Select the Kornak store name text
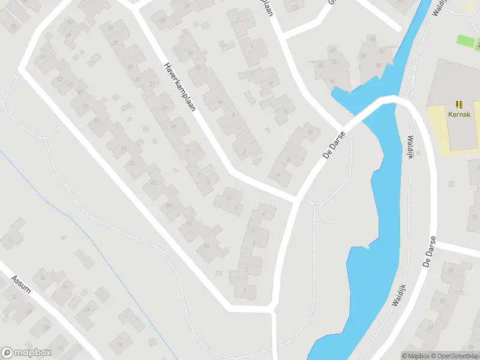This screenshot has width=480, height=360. [x=459, y=114]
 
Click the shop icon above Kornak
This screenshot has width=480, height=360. [x=459, y=104]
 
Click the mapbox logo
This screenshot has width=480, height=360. [x=26, y=353]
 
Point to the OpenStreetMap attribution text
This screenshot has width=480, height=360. [x=453, y=356]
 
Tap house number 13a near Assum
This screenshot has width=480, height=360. [x=28, y=311]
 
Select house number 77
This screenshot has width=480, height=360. [x=206, y=246]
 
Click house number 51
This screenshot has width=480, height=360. [x=85, y=106]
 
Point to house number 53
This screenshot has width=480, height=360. [x=96, y=120]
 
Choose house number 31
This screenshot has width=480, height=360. [x=110, y=29]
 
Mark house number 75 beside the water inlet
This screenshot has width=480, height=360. [x=332, y=81]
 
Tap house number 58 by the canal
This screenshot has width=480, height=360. [x=378, y=66]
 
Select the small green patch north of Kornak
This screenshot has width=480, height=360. [x=465, y=41]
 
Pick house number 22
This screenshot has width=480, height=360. [x=163, y=20]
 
